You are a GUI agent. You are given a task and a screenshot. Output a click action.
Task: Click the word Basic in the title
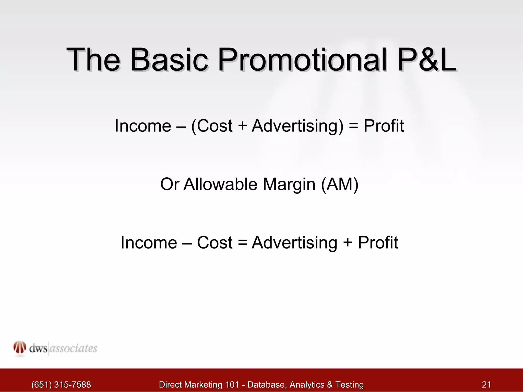click(x=169, y=60)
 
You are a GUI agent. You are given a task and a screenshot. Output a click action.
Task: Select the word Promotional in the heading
click(x=302, y=60)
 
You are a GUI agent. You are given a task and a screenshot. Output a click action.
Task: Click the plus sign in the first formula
click(x=242, y=126)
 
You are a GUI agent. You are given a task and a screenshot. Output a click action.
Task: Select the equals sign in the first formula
click(x=353, y=126)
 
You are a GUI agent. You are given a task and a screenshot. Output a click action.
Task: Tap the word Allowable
click(x=220, y=184)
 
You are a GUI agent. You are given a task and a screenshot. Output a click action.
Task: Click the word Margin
click(x=289, y=185)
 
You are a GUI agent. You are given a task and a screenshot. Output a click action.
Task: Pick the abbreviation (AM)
click(x=340, y=184)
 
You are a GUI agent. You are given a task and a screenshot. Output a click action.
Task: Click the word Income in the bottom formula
click(x=149, y=242)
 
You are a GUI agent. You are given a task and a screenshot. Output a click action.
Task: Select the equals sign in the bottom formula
click(x=242, y=243)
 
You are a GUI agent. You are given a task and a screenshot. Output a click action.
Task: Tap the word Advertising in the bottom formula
click(x=294, y=243)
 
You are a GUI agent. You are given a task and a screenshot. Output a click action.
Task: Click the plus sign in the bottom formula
click(x=347, y=243)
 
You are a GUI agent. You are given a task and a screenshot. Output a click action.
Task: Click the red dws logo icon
click(x=20, y=348)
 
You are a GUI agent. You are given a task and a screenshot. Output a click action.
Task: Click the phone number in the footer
click(x=61, y=384)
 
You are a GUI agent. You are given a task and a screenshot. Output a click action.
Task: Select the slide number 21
click(x=486, y=384)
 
